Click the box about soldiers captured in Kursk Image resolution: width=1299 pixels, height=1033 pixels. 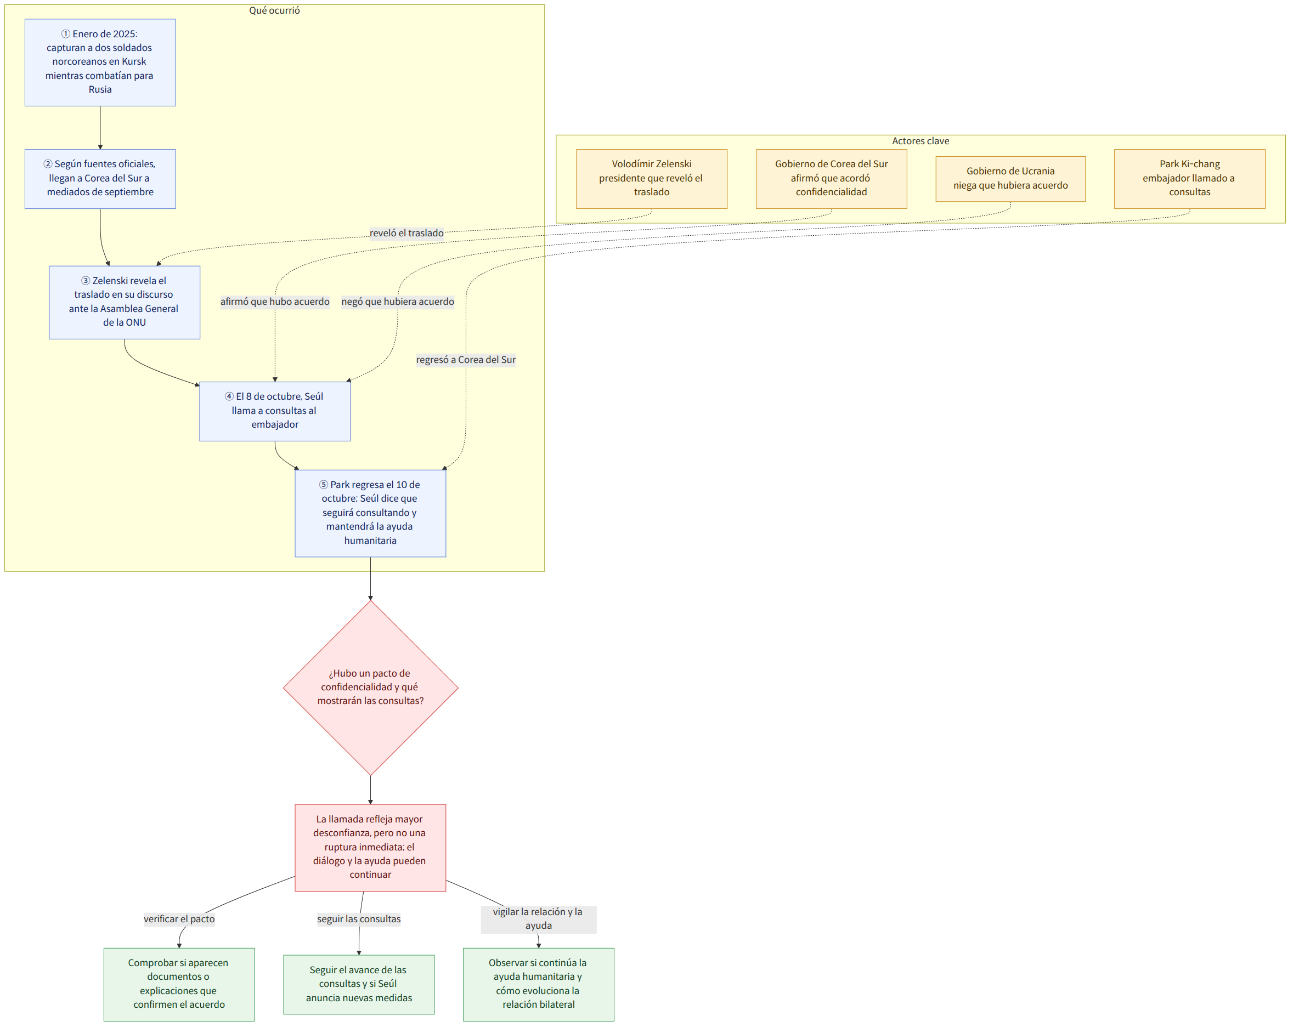(100, 63)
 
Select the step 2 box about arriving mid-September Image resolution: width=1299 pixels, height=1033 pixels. (100, 179)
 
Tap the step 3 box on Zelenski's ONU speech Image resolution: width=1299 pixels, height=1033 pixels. (125, 302)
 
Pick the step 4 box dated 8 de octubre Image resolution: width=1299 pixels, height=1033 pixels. (275, 411)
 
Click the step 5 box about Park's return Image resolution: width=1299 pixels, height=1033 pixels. (370, 513)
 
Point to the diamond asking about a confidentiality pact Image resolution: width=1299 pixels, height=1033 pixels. (370, 688)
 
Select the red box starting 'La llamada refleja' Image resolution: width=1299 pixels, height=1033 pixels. (370, 848)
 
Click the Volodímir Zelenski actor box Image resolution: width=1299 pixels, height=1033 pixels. (651, 179)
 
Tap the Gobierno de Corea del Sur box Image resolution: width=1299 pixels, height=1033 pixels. (832, 179)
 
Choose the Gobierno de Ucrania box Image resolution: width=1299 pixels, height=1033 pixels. (1010, 179)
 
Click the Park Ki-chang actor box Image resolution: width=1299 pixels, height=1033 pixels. (1189, 179)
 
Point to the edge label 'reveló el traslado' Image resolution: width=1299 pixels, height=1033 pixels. (406, 233)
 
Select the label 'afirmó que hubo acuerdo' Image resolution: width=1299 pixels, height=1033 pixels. (275, 302)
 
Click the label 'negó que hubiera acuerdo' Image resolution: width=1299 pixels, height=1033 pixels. (398, 302)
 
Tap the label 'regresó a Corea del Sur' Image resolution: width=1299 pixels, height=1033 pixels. (466, 360)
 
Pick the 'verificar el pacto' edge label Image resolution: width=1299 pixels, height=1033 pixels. (179, 919)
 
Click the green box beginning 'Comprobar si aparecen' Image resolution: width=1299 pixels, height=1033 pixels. (179, 984)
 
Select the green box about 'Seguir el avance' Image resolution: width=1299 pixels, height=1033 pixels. (359, 984)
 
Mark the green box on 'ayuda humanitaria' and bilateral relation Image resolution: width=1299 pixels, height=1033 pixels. (539, 984)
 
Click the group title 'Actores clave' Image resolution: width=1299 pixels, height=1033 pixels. (920, 141)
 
